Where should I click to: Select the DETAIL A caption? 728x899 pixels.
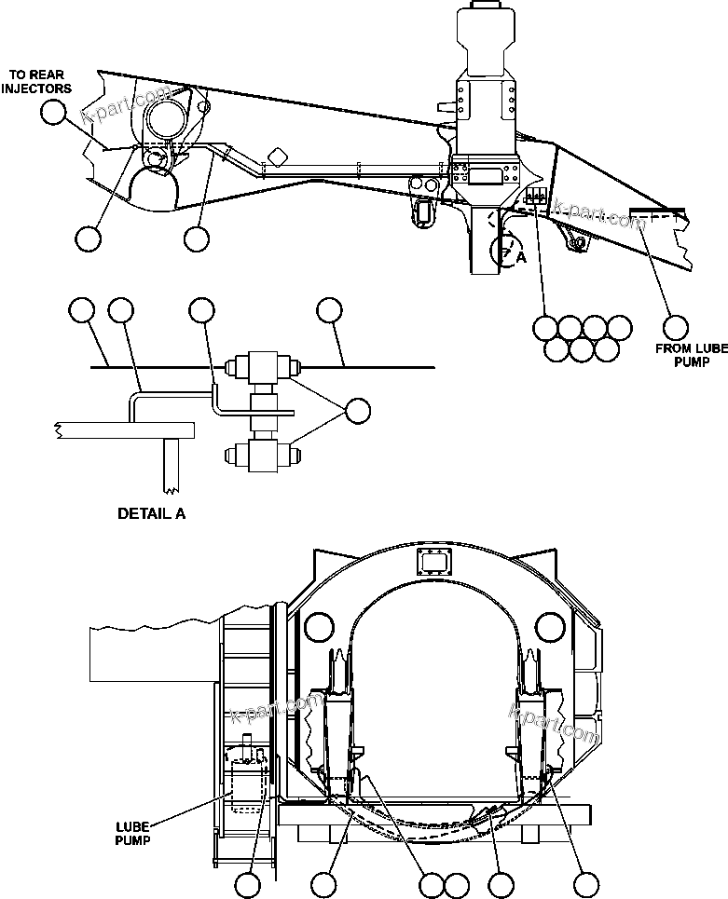[151, 512]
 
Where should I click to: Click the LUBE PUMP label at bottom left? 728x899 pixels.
[133, 832]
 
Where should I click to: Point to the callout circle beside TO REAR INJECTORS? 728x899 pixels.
[54, 112]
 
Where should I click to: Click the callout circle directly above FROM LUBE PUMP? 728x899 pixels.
[677, 327]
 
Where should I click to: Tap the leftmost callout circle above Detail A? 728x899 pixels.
[82, 311]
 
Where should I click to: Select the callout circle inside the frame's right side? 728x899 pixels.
[550, 626]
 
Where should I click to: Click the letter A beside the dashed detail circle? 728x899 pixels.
[522, 260]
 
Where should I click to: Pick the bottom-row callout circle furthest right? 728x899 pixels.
[586, 885]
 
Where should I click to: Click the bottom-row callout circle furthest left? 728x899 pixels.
[248, 885]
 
